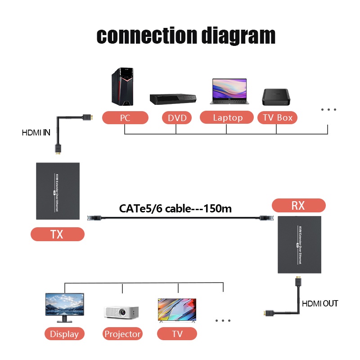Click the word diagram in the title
coord(238,36)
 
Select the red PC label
coord(125,118)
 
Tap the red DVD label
coord(177,118)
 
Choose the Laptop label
coord(228,118)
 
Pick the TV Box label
coord(278,118)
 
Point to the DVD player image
coord(173,99)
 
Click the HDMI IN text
coord(36,133)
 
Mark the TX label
coord(58,234)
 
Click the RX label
coord(299,206)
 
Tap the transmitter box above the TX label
coord(58,191)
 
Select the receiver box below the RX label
coord(299,244)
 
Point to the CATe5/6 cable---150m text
coord(175,208)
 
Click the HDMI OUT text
coord(319,304)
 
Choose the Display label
coord(64,334)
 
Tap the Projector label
coord(123,334)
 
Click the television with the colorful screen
coord(177,310)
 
